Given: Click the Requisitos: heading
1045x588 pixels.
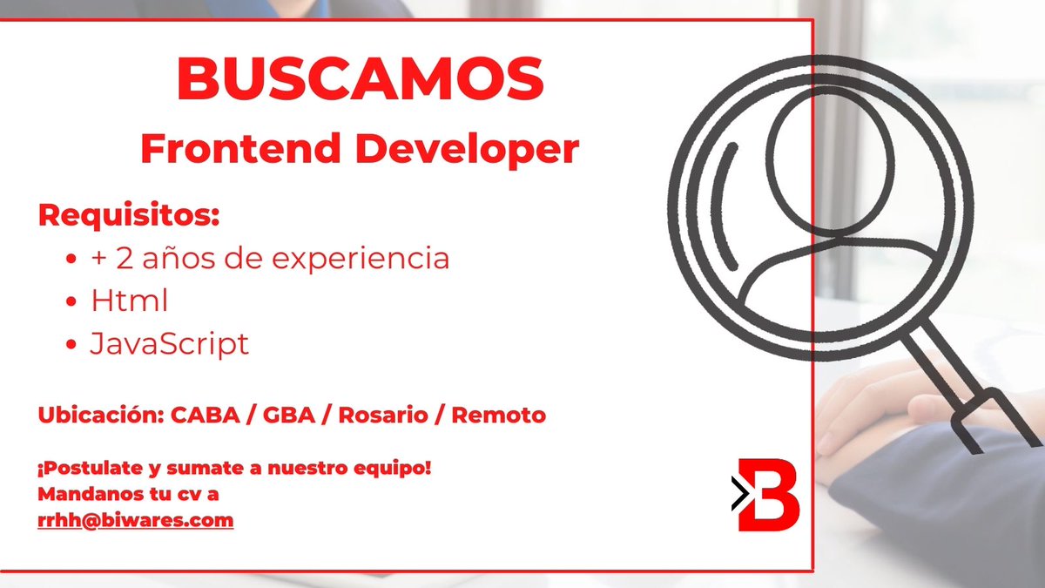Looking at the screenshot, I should click(x=129, y=215).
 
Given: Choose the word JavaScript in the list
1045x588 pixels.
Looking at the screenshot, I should click(x=170, y=344).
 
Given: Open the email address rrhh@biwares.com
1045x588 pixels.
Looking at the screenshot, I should click(x=135, y=521).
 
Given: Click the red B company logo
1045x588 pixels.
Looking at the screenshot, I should click(x=768, y=494).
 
